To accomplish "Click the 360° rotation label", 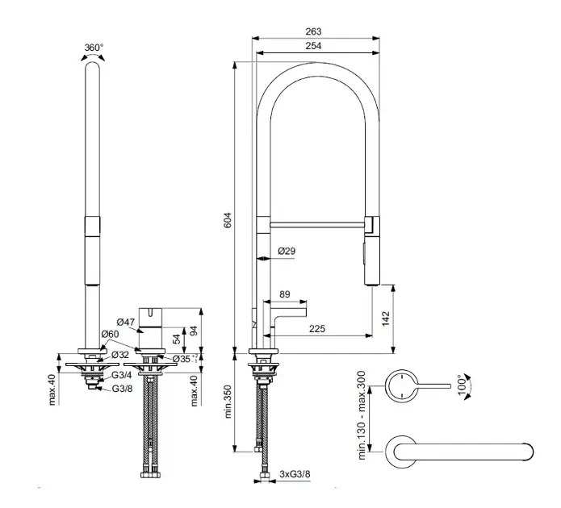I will tap(94, 48).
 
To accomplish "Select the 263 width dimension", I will tap(314, 31).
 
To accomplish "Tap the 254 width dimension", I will tap(314, 46).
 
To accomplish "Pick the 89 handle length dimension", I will tap(284, 295).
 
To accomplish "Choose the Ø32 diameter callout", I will tap(119, 354).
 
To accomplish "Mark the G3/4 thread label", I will tap(120, 375).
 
